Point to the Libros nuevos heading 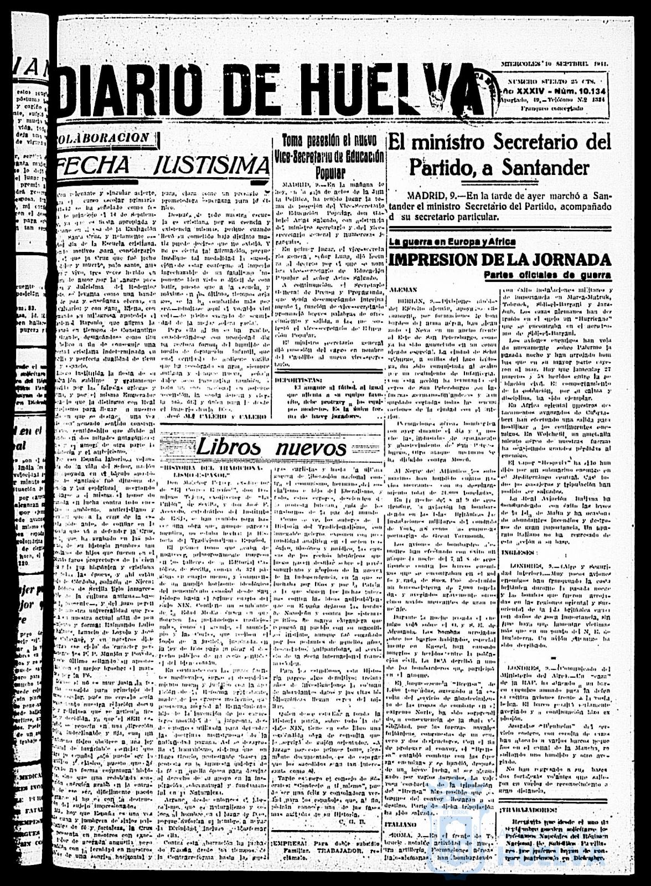[x=271, y=446]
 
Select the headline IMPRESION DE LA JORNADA [x=500, y=259]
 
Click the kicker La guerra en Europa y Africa [x=452, y=242]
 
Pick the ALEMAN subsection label [x=405, y=290]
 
